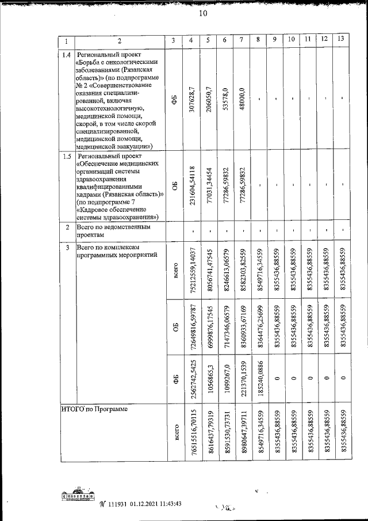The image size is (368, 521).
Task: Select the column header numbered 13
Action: pyautogui.click(x=342, y=40)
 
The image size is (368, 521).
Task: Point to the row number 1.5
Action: pyautogui.click(x=67, y=155)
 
